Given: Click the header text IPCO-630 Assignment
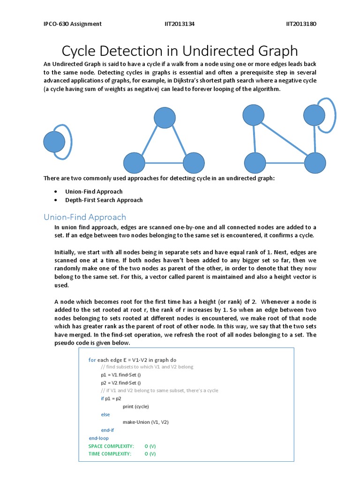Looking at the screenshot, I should coord(73,24).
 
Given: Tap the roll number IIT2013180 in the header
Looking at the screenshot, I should coord(301,24).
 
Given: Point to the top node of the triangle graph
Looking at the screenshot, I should coord(165,118).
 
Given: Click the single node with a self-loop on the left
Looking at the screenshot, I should coord(54,142).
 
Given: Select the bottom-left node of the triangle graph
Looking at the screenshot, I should coord(134,163).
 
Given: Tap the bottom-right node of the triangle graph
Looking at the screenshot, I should coord(194,163).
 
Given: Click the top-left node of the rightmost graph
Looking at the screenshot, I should coord(254,115).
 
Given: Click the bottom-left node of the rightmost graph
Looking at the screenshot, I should coord(255,163).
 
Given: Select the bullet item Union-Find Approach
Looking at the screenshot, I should coord(94,191).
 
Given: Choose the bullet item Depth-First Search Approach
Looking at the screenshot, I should coord(104,200).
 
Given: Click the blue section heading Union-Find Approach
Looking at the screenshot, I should coord(85,217).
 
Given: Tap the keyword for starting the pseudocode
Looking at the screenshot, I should coord(92,360).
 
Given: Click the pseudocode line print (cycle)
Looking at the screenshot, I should coord(136,406).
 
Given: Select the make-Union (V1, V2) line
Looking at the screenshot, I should coord(146,422).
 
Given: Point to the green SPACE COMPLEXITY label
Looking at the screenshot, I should coord(111,446).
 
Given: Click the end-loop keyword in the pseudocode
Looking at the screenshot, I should coord(98,438).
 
